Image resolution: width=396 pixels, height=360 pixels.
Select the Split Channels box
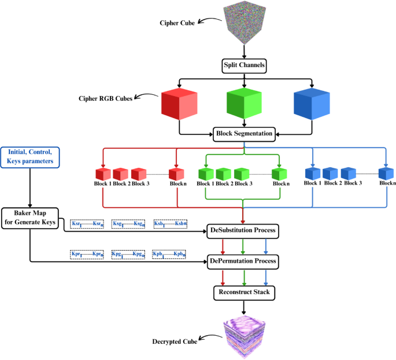click(x=244, y=65)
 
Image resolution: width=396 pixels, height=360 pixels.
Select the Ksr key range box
click(x=87, y=224)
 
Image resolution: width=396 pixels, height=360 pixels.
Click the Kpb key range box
click(x=169, y=254)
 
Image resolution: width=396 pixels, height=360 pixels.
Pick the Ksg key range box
click(x=128, y=224)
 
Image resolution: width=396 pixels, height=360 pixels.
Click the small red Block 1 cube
click(x=102, y=173)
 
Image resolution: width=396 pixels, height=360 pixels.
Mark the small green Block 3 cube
click(x=242, y=173)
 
